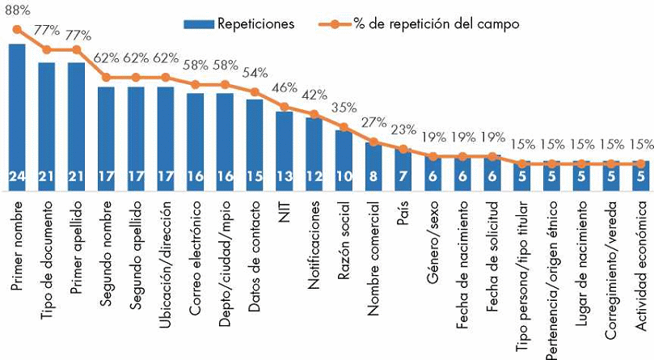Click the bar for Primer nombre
17,113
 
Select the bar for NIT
285,146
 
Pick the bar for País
403,166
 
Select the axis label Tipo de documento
47,243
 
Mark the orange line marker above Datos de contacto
255,91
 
